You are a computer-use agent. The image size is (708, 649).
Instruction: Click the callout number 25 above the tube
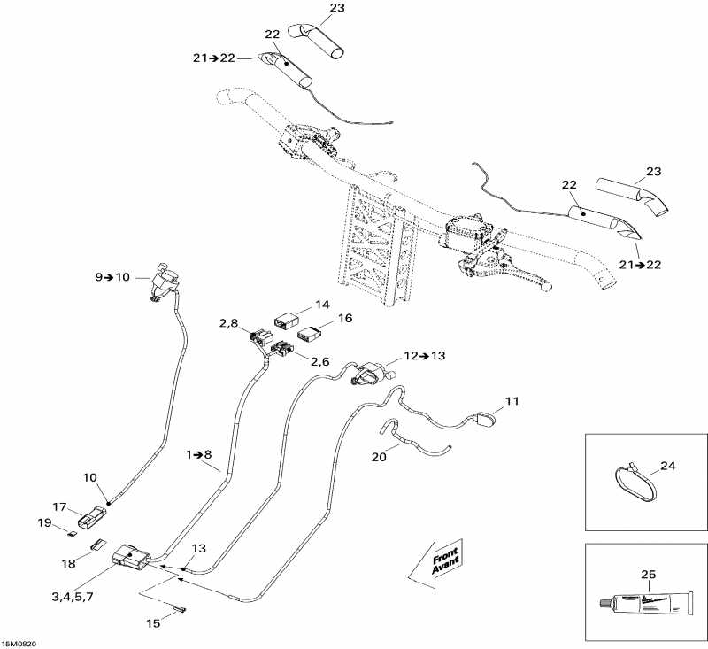pos(647,575)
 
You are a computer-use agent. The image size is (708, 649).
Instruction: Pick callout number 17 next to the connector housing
pos(59,507)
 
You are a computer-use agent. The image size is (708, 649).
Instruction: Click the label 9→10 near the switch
pos(112,277)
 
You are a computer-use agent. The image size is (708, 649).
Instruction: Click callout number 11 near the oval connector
pos(512,401)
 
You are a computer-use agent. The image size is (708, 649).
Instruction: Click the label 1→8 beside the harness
pos(200,454)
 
